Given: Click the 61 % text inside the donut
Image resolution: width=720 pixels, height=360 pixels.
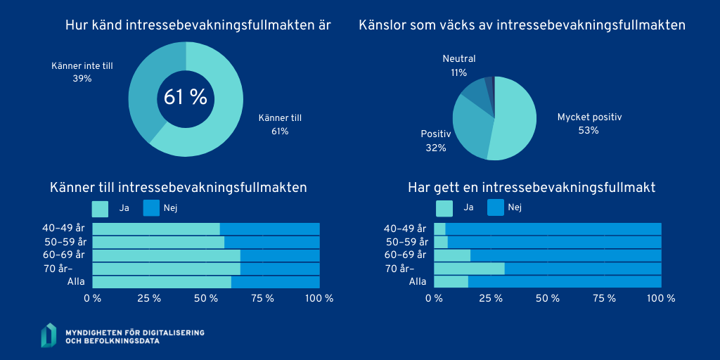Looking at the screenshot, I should click(186, 98).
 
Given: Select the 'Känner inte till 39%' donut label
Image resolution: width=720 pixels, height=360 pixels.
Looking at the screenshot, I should click(82, 72).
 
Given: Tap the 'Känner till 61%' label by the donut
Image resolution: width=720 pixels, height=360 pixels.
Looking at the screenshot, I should click(280, 124).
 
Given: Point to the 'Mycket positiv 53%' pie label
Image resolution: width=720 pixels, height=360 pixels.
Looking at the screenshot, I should click(589, 124).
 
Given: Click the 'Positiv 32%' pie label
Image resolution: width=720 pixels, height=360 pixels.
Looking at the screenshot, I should click(436, 141).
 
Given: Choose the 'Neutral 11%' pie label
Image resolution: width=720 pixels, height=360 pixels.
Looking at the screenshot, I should click(459, 65).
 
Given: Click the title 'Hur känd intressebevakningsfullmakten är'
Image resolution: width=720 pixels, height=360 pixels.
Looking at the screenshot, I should click(198, 25).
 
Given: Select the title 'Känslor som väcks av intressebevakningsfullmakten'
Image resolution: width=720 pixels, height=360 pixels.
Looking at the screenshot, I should click(522, 25).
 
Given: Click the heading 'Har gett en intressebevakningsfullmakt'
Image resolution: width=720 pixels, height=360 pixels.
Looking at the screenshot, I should click(532, 188).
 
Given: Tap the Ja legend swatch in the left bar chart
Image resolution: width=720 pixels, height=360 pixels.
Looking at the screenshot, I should click(101, 208).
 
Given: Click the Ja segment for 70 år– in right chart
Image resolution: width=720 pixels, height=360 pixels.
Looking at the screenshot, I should click(469, 269).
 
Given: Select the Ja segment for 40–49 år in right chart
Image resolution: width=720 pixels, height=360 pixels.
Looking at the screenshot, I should click(439, 229).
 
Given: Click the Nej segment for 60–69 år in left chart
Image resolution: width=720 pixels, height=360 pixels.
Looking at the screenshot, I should click(280, 255).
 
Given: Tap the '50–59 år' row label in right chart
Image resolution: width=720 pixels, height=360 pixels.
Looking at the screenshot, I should click(405, 242).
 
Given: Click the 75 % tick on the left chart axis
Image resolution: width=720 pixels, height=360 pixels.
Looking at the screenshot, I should click(263, 298).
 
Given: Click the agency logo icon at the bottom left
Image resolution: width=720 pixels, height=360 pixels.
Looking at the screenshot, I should click(49, 335).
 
